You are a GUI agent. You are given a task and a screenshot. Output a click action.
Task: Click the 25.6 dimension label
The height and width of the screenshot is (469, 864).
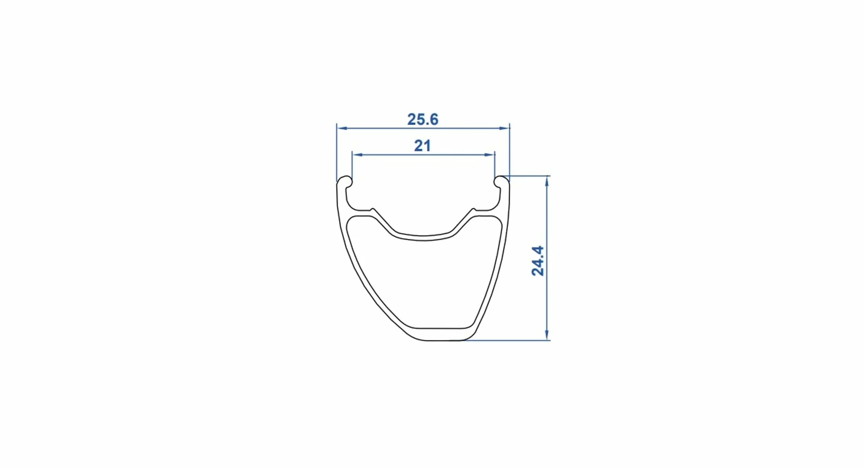coord(423,119)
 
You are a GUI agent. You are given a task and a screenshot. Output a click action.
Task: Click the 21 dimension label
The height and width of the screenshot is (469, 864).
coord(422,146)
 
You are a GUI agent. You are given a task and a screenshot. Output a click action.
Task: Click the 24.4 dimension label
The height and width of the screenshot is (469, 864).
coord(538,261)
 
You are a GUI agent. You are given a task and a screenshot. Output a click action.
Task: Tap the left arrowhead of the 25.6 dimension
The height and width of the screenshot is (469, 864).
coord(341,128)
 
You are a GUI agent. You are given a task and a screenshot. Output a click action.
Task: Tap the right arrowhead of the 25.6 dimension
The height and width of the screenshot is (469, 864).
coord(505,128)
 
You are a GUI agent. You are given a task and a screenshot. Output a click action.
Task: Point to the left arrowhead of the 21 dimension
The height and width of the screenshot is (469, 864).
coord(357,155)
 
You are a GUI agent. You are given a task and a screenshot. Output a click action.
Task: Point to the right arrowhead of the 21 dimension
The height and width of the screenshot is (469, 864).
coord(490,155)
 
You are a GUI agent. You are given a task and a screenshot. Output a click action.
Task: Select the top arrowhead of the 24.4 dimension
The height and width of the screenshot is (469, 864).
coord(547,181)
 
